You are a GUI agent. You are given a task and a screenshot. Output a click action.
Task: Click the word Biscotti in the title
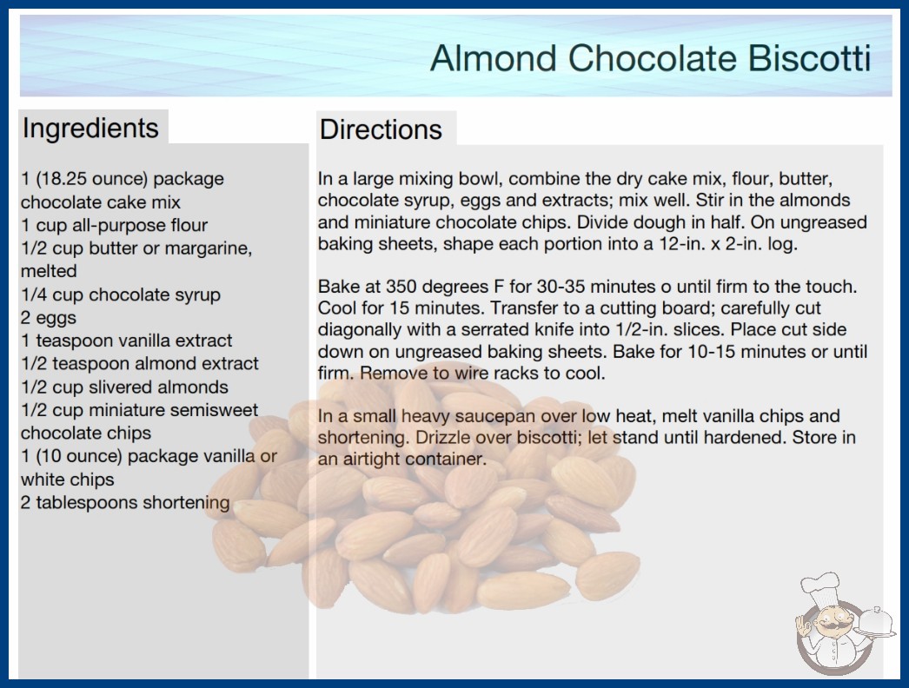809,58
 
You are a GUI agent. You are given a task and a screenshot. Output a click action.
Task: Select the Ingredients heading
90,128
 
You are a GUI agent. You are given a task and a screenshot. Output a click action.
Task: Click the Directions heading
381,129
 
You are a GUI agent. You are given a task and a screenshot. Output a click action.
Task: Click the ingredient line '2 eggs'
49,318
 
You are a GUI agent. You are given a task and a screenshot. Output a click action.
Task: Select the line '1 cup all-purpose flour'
114,225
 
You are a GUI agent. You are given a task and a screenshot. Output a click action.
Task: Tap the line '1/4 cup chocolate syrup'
121,294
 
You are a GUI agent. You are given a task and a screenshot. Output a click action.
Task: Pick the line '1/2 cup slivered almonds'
124,387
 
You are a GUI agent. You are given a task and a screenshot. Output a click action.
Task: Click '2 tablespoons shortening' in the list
125,502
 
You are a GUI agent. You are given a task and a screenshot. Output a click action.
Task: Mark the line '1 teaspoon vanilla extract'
126,341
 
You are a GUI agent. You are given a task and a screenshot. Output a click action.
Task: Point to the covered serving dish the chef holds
876,622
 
